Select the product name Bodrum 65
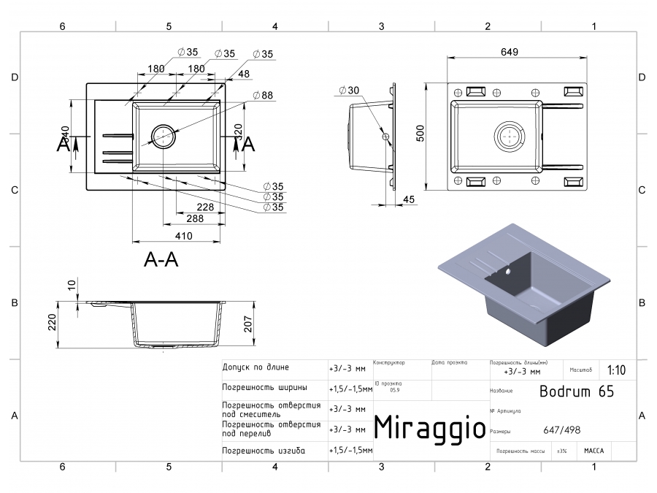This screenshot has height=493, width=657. pyautogui.click(x=576, y=391)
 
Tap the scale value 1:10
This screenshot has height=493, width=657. pyautogui.click(x=615, y=370)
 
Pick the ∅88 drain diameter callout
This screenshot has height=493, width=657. pyautogui.click(x=263, y=95)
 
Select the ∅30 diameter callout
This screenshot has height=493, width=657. pyautogui.click(x=349, y=91)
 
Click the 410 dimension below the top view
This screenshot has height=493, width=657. pyautogui.click(x=182, y=236)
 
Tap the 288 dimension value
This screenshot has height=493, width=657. pyautogui.click(x=194, y=218)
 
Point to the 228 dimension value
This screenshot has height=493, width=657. pyautogui.click(x=185, y=207)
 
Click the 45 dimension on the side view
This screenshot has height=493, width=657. pyautogui.click(x=408, y=199)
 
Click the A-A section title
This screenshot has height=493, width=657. pyautogui.click(x=161, y=259)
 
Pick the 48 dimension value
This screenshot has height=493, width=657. pyautogui.click(x=244, y=73)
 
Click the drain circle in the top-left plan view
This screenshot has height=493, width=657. pyautogui.click(x=162, y=136)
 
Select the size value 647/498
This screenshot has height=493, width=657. pyautogui.click(x=561, y=430)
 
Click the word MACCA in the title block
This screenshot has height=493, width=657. pyautogui.click(x=593, y=451)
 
